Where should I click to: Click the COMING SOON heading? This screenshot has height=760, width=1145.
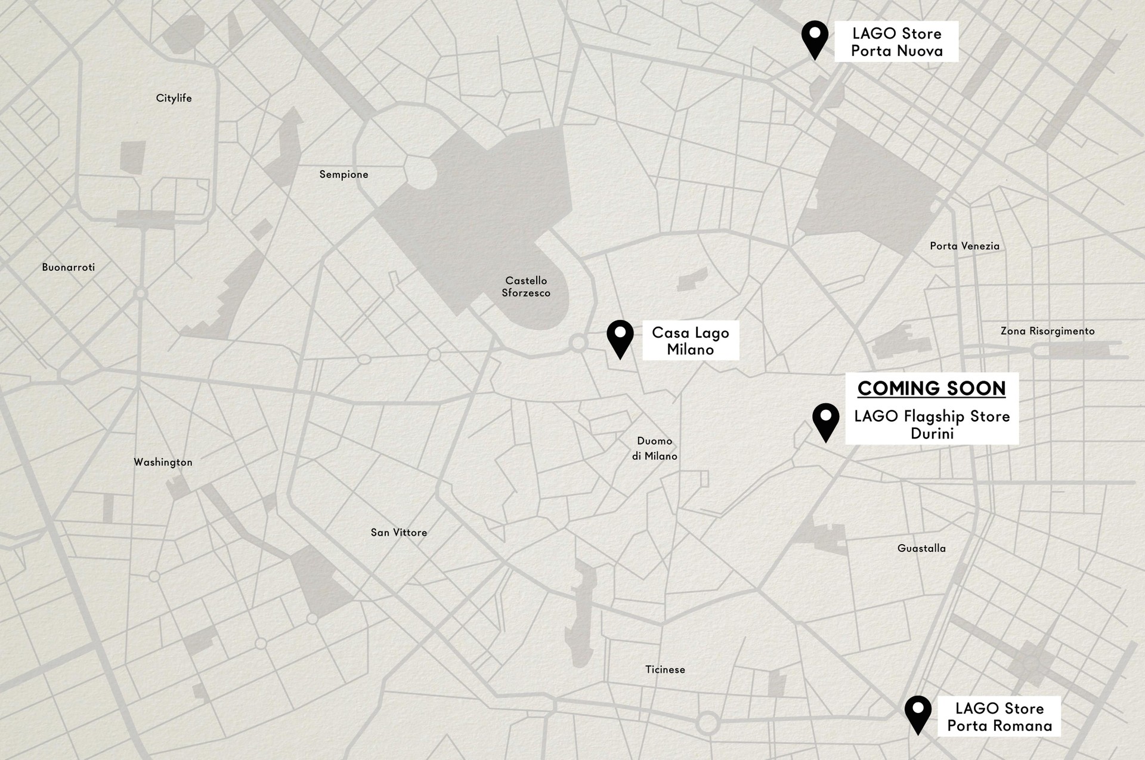tap(932, 388)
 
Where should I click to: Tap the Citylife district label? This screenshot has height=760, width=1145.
tap(174, 98)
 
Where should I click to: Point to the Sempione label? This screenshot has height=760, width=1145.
tap(343, 174)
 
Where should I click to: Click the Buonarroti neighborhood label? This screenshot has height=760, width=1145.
tap(68, 267)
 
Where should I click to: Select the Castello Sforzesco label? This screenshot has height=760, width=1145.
tap(525, 286)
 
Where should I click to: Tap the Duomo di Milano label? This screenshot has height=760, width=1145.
tap(654, 448)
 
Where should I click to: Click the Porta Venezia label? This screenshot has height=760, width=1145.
tap(964, 246)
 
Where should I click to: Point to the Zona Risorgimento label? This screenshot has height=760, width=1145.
tap(1047, 330)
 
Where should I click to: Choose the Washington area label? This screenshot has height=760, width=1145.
tap(163, 462)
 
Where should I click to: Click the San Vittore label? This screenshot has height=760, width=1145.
tap(398, 532)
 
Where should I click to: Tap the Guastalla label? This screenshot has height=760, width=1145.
tap(921, 548)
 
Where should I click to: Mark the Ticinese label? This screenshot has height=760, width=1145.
tap(665, 669)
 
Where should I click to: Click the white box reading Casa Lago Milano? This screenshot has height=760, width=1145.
tap(690, 341)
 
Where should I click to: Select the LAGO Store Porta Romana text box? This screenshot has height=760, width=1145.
tap(999, 716)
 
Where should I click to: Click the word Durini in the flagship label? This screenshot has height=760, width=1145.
tap(932, 434)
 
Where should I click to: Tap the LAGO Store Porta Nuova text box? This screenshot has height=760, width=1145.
tap(896, 42)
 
